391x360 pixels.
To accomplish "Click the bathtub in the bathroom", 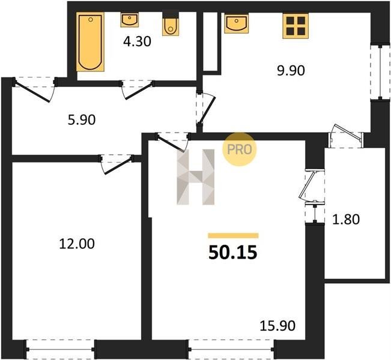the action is point(90,41).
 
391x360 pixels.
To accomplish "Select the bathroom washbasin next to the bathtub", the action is point(129,20).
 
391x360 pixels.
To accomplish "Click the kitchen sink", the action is point(237,23).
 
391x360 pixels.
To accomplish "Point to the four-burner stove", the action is point(296,26).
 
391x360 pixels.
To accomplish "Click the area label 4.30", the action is point(137,41).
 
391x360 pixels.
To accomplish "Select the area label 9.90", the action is point(291,71).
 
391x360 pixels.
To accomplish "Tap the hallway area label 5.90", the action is point(82,120).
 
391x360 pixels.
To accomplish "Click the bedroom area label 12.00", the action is point(77,244).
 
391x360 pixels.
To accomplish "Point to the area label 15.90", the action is point(277,326).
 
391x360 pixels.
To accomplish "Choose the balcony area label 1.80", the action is point(346,220).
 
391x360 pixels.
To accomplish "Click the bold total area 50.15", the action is point(232,253).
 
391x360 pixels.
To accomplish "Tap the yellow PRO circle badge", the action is point(240,149).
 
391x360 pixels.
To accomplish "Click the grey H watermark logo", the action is point(196,177).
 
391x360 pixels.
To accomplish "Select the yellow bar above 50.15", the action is point(234,235).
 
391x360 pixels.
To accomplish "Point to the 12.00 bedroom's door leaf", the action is point(118,166).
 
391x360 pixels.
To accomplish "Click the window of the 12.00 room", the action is point(60,350).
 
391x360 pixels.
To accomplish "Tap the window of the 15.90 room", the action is point(231,350).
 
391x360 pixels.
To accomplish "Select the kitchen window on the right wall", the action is point(380,72).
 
